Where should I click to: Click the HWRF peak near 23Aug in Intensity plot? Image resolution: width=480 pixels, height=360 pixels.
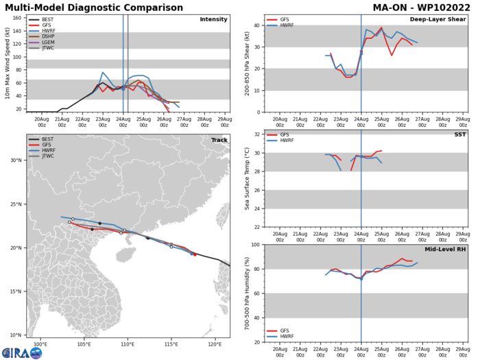[103, 72]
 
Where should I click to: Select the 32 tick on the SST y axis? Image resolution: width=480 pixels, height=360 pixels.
[257, 135]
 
